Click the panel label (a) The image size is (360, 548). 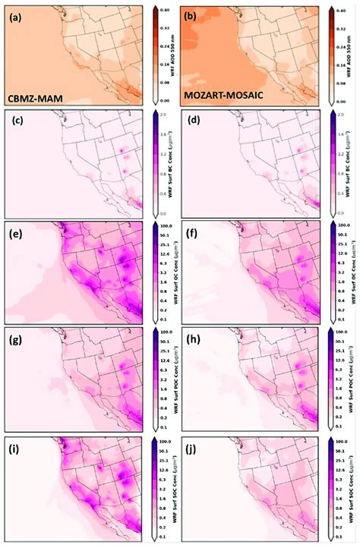pyautogui.click(x=16, y=14)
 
